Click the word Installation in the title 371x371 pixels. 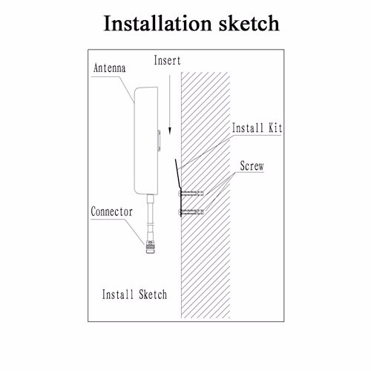click(157, 23)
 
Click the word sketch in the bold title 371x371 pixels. click(249, 23)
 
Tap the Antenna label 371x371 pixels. click(110, 68)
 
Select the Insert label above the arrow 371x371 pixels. click(167, 60)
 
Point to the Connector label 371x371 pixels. click(111, 211)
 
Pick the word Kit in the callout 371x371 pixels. click(275, 128)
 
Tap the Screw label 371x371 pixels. click(252, 165)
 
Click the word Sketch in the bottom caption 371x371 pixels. click(153, 295)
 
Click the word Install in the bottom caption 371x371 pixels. click(118, 295)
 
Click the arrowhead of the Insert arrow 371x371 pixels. click(170, 131)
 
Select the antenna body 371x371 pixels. click(146, 140)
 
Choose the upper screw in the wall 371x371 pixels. click(191, 193)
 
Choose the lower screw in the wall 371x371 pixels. click(191, 211)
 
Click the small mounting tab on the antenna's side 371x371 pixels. click(159, 140)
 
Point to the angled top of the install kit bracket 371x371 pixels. click(178, 173)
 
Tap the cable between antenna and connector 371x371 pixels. click(150, 217)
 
